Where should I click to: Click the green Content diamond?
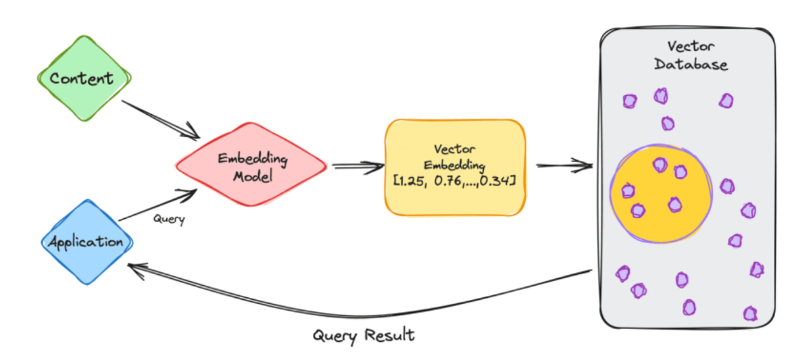click(x=82, y=78)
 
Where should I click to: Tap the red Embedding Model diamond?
click(x=251, y=168)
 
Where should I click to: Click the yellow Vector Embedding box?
click(x=455, y=168)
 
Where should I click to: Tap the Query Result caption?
click(x=364, y=336)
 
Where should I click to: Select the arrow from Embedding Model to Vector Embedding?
click(x=356, y=166)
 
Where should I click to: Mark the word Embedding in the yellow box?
click(x=454, y=164)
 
